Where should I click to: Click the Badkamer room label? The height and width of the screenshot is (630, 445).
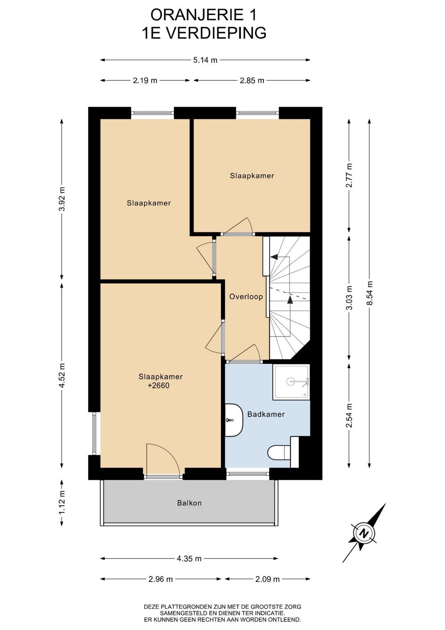click(x=266, y=414)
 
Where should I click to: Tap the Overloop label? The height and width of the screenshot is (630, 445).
click(x=246, y=297)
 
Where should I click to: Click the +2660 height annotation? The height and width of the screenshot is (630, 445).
click(x=159, y=385)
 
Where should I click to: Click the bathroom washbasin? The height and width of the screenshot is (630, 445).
click(x=234, y=420)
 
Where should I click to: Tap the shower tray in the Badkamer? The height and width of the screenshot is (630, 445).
click(x=291, y=382)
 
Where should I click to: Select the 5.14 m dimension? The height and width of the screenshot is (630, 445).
click(x=205, y=60)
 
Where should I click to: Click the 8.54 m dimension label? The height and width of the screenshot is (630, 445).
click(x=370, y=293)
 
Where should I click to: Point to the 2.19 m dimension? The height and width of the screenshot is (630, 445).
click(x=145, y=81)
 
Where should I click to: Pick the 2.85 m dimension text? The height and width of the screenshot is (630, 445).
click(x=252, y=81)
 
